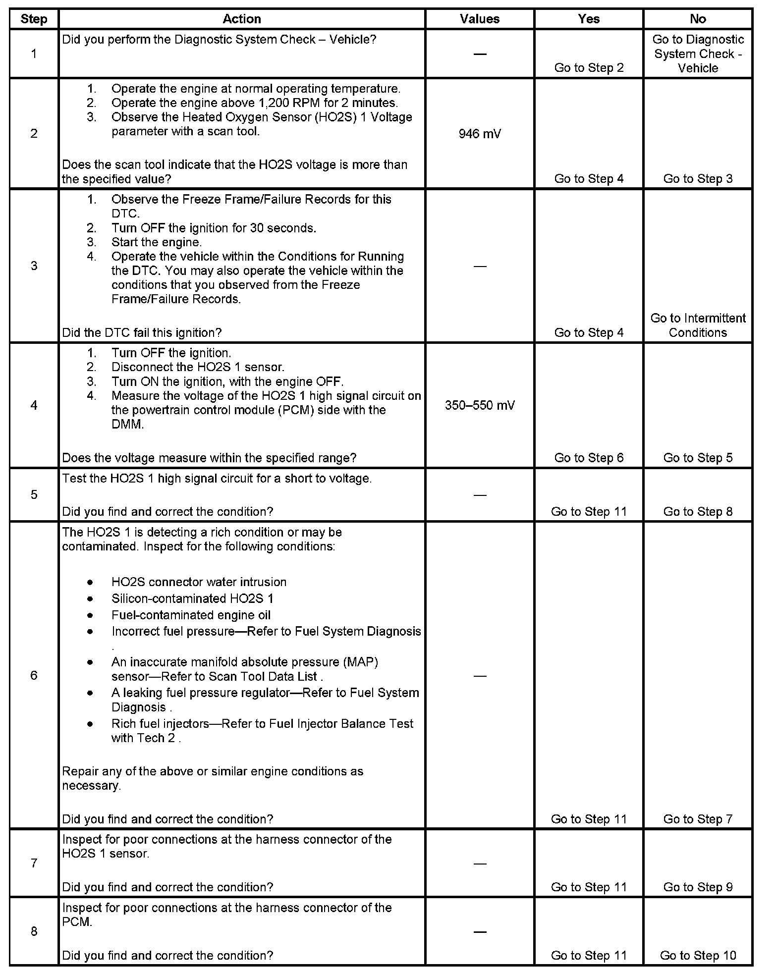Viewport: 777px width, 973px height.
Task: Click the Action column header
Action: [x=241, y=19]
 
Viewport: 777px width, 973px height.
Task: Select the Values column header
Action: [x=479, y=19]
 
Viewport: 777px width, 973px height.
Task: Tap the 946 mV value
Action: [x=479, y=134]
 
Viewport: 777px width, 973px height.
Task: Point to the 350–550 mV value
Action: [x=479, y=405]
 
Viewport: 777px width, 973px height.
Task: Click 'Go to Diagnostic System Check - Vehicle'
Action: [x=698, y=54]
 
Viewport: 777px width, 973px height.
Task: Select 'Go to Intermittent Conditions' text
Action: [x=698, y=325]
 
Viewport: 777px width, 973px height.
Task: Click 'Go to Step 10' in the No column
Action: [x=698, y=955]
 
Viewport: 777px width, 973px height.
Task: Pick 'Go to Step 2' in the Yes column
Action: [x=589, y=68]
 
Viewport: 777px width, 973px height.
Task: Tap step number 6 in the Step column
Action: [x=34, y=675]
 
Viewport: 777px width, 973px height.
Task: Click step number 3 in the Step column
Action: [x=34, y=266]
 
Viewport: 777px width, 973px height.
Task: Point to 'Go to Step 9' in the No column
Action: [x=698, y=887]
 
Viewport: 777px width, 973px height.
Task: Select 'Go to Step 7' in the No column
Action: [x=698, y=819]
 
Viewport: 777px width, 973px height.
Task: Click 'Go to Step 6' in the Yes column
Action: [x=589, y=458]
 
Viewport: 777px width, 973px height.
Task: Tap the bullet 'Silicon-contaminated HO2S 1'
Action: [x=192, y=598]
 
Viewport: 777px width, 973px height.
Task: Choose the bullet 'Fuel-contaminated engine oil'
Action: [x=191, y=615]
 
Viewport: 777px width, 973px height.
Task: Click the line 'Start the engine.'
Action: [x=157, y=242]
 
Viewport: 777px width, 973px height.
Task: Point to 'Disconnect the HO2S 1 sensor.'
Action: [x=198, y=367]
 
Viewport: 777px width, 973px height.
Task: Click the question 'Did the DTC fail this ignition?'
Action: [x=142, y=332]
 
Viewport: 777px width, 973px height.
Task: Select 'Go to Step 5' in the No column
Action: [x=698, y=458]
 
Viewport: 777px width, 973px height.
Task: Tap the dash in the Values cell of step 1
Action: [x=479, y=54]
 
